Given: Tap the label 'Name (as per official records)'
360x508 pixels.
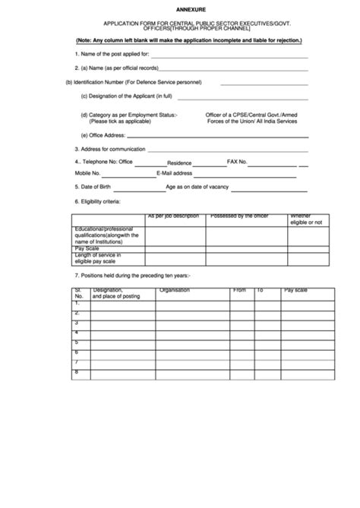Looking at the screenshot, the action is (117, 68).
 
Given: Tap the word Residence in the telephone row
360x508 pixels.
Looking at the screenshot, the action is (179, 162).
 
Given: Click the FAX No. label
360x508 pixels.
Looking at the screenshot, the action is (238, 162).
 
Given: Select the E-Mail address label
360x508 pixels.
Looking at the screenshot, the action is (175, 173).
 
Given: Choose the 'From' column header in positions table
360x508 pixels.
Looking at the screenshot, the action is (239, 290).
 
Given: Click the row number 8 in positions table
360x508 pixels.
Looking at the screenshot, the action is (77, 371).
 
